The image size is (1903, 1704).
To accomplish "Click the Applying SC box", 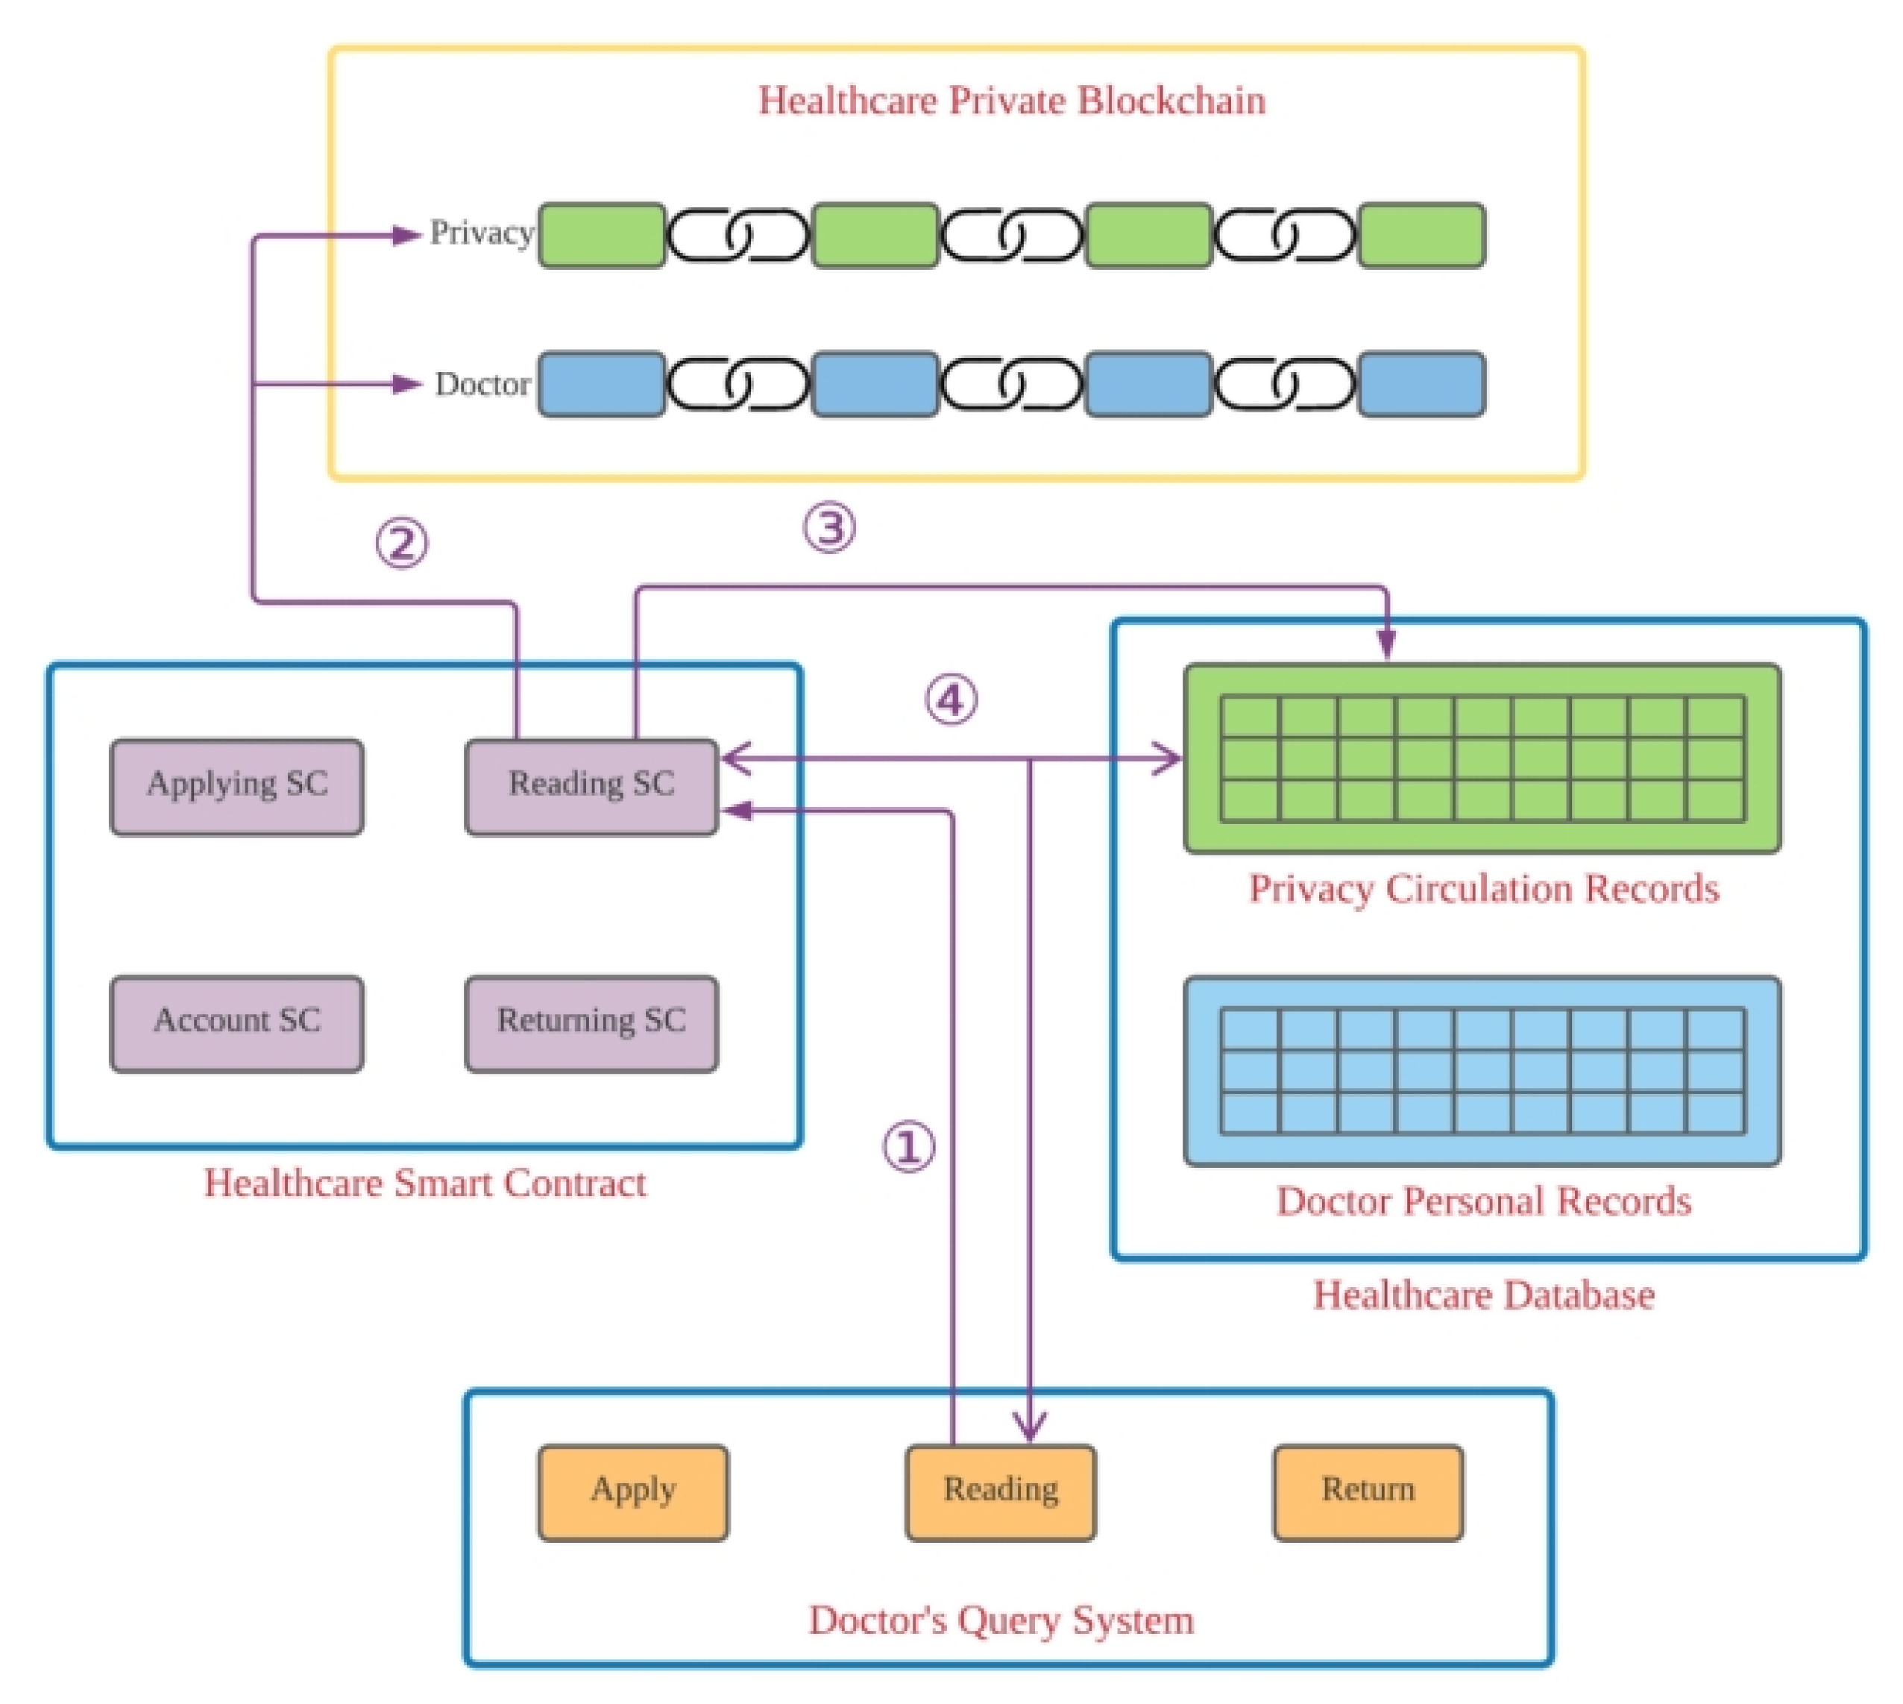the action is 237,787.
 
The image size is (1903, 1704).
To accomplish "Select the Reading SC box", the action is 591,787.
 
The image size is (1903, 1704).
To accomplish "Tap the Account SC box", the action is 237,1023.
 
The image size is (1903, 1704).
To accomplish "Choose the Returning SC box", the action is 591,1023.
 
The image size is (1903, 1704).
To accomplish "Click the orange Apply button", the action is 633,1492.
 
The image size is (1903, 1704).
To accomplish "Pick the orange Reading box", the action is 1000,1492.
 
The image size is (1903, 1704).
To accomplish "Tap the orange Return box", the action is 1368,1492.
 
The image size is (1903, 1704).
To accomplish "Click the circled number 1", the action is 909,1146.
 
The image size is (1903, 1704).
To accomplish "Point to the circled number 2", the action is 402,543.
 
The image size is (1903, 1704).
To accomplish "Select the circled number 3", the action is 829,527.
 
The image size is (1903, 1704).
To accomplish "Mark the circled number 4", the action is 951,699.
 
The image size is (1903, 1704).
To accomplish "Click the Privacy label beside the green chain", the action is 481,233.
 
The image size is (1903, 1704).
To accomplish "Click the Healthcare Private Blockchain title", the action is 1011,100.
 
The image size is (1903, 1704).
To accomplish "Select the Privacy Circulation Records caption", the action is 1484,888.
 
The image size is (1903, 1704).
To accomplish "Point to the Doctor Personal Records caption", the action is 1484,1201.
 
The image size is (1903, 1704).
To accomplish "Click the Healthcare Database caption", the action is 1484,1295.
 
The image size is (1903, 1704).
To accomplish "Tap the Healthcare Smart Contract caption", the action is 425,1183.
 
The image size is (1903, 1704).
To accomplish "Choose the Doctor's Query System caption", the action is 1001,1620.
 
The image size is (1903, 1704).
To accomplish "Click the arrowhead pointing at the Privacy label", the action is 407,235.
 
